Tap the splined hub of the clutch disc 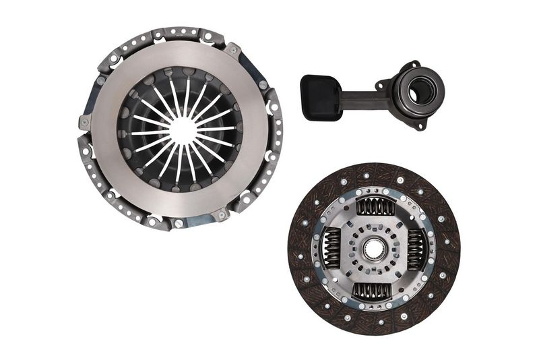point(373,249)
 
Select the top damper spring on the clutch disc point(375,208)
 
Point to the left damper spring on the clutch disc point(332,247)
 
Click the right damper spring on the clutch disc point(415,249)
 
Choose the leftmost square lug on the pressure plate point(84,123)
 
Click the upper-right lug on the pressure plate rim point(232,49)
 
